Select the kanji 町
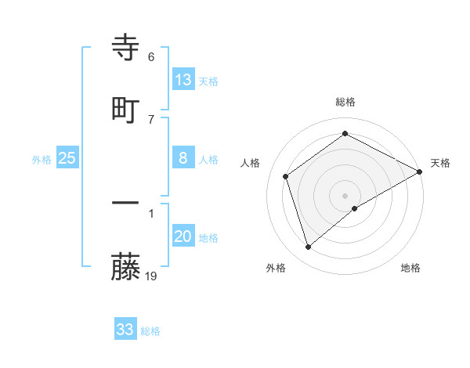(126, 110)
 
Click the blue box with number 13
(183, 80)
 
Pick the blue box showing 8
(183, 158)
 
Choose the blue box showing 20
(183, 236)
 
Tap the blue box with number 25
(67, 158)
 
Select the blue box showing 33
(125, 330)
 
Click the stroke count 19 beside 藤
(152, 276)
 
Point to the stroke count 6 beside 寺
(151, 57)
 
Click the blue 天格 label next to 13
(208, 81)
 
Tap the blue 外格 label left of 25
(42, 160)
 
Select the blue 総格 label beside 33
(150, 331)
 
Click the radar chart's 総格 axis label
(345, 102)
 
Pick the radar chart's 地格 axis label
(410, 268)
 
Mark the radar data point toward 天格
(421, 171)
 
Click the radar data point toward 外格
(309, 247)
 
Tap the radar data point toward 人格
(286, 176)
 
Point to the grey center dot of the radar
(345, 195)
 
